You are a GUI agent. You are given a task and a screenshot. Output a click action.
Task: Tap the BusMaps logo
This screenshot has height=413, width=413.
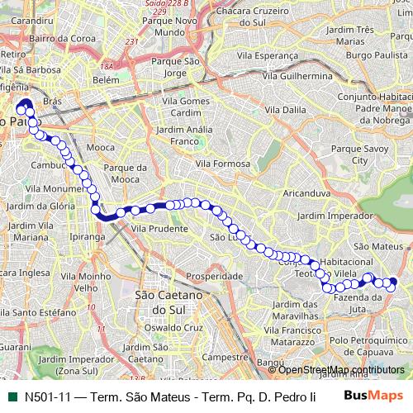[373, 396]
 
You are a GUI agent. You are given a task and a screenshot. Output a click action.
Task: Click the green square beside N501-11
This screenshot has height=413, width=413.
[12, 396]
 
